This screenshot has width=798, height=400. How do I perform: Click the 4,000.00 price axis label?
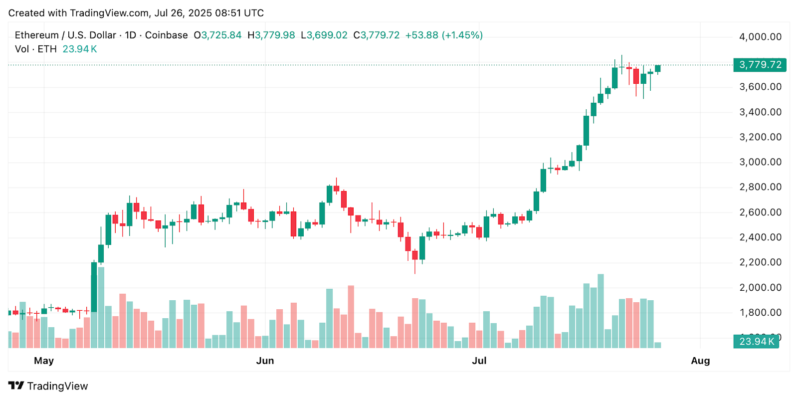[760, 37]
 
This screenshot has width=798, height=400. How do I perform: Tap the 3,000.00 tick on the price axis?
[760, 162]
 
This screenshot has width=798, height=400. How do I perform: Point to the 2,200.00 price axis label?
[760, 262]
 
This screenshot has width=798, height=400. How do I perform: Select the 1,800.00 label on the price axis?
[760, 313]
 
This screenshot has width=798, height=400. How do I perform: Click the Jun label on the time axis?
[265, 361]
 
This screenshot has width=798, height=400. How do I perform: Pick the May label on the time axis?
[44, 361]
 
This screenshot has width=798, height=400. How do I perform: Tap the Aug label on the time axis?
[700, 361]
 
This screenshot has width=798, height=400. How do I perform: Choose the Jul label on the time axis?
[479, 361]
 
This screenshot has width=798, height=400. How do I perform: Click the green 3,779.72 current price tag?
[760, 65]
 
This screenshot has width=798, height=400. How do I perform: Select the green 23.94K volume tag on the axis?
[756, 342]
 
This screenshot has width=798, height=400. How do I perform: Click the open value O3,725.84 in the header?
[217, 35]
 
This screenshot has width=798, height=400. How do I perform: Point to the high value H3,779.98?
[271, 35]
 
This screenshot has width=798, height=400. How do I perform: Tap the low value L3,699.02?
[324, 35]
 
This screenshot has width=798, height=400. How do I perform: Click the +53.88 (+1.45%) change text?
[444, 35]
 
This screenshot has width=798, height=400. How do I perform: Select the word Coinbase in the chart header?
[166, 35]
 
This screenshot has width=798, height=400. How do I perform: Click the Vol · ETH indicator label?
[36, 49]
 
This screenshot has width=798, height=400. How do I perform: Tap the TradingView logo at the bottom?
[48, 386]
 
